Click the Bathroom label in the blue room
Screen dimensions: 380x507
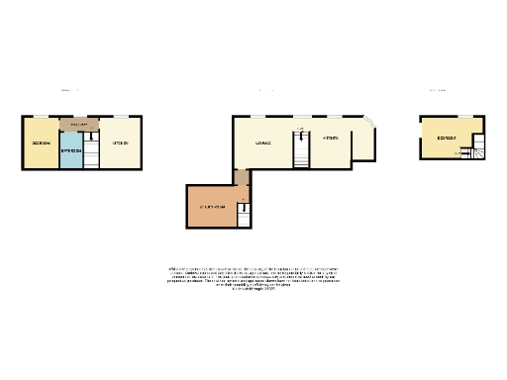click(x=70, y=150)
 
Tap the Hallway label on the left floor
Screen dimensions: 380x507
click(x=80, y=125)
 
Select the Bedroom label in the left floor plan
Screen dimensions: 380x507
click(x=41, y=143)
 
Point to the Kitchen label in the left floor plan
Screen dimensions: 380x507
click(x=121, y=143)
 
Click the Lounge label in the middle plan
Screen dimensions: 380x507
click(x=263, y=142)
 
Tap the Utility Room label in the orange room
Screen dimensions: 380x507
click(x=212, y=206)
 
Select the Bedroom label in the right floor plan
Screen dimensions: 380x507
click(x=447, y=138)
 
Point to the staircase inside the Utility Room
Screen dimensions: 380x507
click(x=243, y=212)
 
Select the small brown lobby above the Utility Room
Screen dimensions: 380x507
click(x=241, y=177)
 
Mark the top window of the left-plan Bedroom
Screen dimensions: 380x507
click(x=41, y=118)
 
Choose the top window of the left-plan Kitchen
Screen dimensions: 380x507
click(x=121, y=118)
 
